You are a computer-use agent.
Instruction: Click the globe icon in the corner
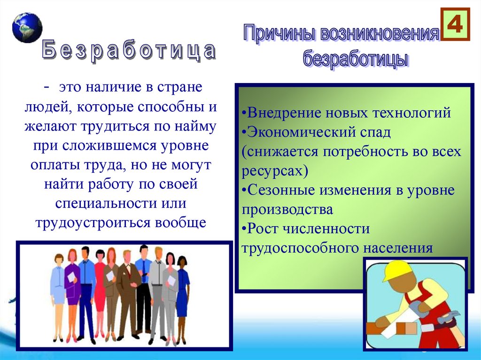(x=27, y=27)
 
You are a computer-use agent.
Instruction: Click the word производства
(x=287, y=209)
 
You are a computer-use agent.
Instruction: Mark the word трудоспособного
(x=301, y=248)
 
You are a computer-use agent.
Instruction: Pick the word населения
(x=397, y=248)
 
